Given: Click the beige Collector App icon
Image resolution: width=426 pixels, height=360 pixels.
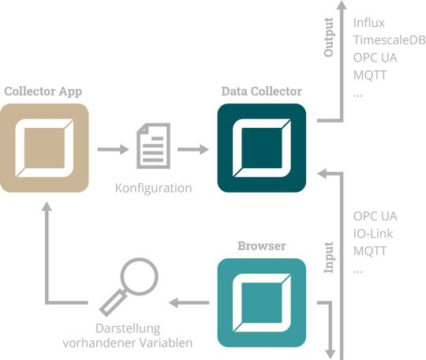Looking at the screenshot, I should point(45,148).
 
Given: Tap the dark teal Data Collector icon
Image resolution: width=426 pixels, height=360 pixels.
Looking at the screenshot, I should point(261,148).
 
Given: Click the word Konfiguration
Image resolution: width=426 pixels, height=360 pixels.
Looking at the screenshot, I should point(153,188).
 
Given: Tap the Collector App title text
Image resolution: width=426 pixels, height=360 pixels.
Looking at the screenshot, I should point(44,91).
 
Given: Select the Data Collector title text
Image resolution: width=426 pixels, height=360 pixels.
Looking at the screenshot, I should point(261,91).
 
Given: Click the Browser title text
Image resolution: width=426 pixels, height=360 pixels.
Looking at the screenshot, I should point(261,246).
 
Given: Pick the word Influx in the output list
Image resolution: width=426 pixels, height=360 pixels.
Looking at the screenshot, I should point(369,23).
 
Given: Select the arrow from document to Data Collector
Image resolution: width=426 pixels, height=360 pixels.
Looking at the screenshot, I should point(193,148).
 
